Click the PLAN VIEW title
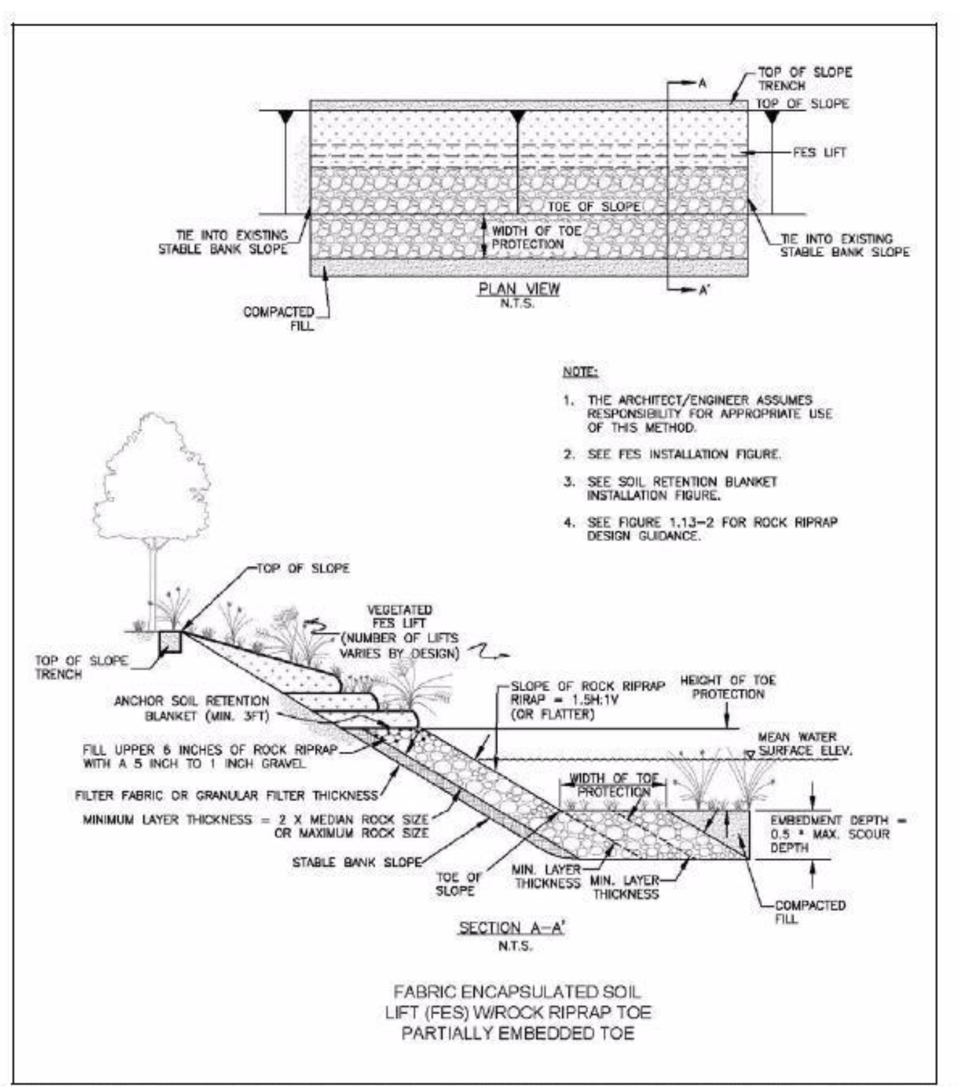click(518, 289)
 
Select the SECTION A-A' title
click(511, 928)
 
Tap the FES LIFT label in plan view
click(819, 153)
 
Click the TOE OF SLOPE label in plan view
click(593, 207)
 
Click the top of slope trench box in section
click(171, 642)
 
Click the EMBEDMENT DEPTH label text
click(835, 834)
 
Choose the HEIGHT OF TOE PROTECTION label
click(728, 687)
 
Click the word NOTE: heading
click(580, 371)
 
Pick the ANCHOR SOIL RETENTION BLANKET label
click(191, 708)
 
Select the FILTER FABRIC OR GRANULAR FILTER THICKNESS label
click(226, 796)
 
